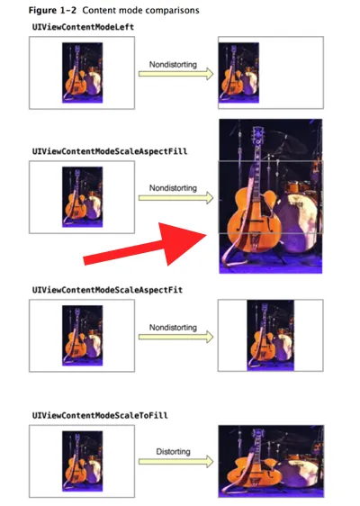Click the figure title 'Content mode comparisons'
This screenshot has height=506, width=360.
140,10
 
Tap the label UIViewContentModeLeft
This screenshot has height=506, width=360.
83,27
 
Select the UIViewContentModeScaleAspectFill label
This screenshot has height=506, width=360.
110,151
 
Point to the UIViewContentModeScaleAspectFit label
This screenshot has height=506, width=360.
107,290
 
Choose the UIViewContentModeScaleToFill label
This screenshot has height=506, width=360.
100,415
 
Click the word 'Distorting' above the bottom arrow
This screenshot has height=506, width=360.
173,451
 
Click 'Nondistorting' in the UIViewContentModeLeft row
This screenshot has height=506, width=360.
173,65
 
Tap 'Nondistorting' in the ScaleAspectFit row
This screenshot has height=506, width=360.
173,328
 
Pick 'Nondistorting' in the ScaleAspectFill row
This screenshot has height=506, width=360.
173,188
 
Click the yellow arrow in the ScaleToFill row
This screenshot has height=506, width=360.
175,462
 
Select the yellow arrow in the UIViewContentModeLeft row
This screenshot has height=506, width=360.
175,74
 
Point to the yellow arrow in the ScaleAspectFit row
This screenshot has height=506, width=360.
175,337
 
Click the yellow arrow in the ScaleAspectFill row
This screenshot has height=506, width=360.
175,198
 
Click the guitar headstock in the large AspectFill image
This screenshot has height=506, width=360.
258,135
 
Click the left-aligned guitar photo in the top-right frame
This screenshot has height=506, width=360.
238,73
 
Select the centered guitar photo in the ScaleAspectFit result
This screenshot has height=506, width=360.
270,335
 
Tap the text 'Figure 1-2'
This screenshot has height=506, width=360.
52,10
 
